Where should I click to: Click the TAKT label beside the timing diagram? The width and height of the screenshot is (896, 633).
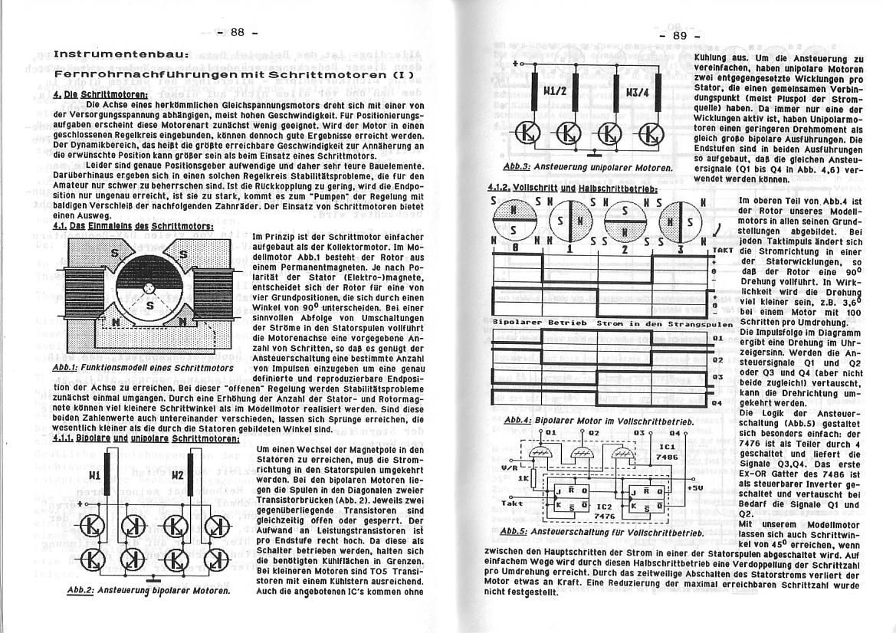pyautogui.click(x=723, y=250)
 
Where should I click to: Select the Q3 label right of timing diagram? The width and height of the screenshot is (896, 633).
pyautogui.click(x=717, y=377)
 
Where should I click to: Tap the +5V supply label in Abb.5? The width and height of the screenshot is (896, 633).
pyautogui.click(x=695, y=487)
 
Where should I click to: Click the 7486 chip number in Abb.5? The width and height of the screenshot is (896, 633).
pyautogui.click(x=668, y=456)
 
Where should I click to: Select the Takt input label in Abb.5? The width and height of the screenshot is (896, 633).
pyautogui.click(x=511, y=503)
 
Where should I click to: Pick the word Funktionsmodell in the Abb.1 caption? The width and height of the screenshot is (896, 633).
pyautogui.click(x=124, y=368)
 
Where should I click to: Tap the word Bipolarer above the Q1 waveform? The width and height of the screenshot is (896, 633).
pyautogui.click(x=518, y=323)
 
